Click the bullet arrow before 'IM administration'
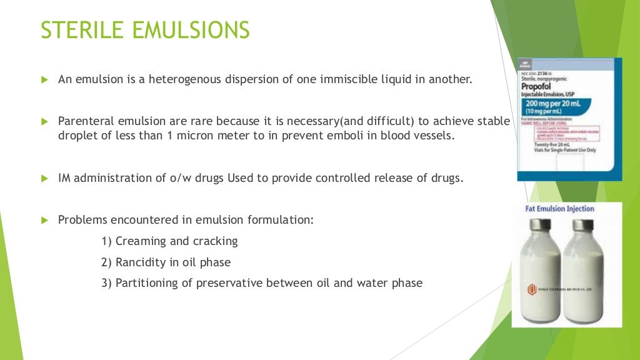44,178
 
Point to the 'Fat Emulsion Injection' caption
560,209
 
